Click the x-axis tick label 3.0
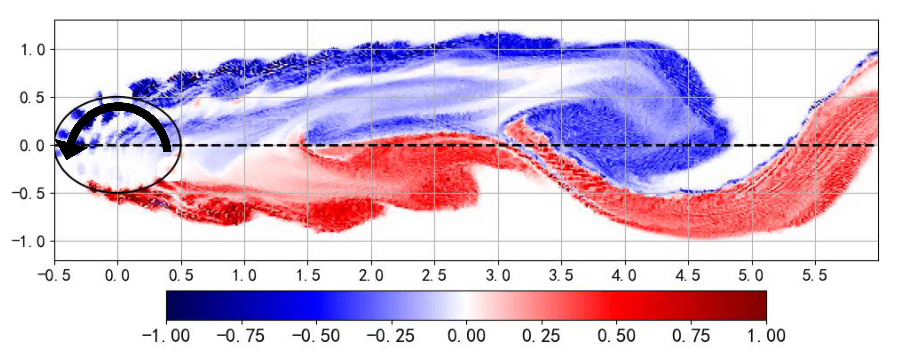(x=498, y=275)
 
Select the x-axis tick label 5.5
(x=815, y=275)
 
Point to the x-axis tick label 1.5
(x=308, y=275)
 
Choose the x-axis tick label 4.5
(x=688, y=275)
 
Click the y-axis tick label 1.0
(x=33, y=50)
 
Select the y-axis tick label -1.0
(x=28, y=242)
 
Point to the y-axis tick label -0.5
(x=28, y=194)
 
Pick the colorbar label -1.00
(x=166, y=336)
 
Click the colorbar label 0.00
(x=466, y=336)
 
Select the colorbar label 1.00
(x=766, y=336)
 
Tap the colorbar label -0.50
(x=316, y=336)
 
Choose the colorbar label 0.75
(x=691, y=336)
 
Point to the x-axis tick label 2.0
(x=371, y=275)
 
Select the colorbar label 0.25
(x=541, y=336)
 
